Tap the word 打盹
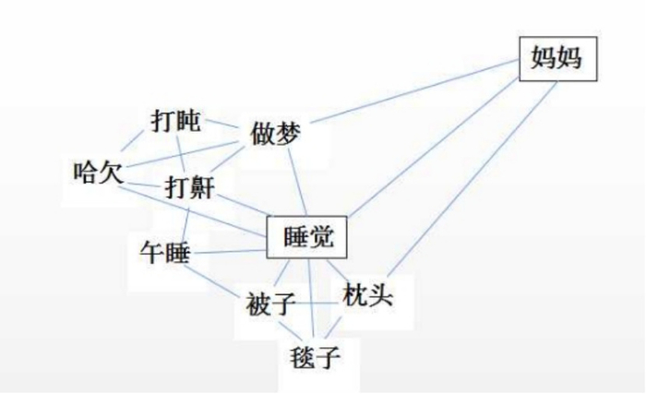[175, 121]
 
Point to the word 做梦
[276, 135]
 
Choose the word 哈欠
[98, 172]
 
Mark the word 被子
[271, 305]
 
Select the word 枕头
[368, 297]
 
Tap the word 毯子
[313, 354]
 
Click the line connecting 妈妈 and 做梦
[415, 95]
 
